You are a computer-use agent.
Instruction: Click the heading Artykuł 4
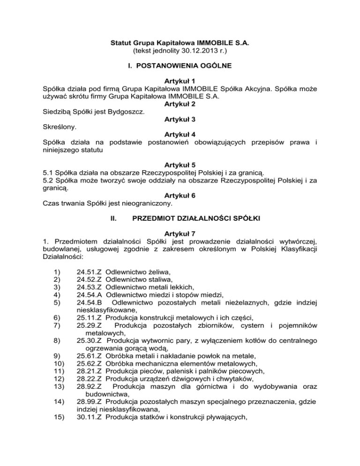(x=180, y=135)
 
